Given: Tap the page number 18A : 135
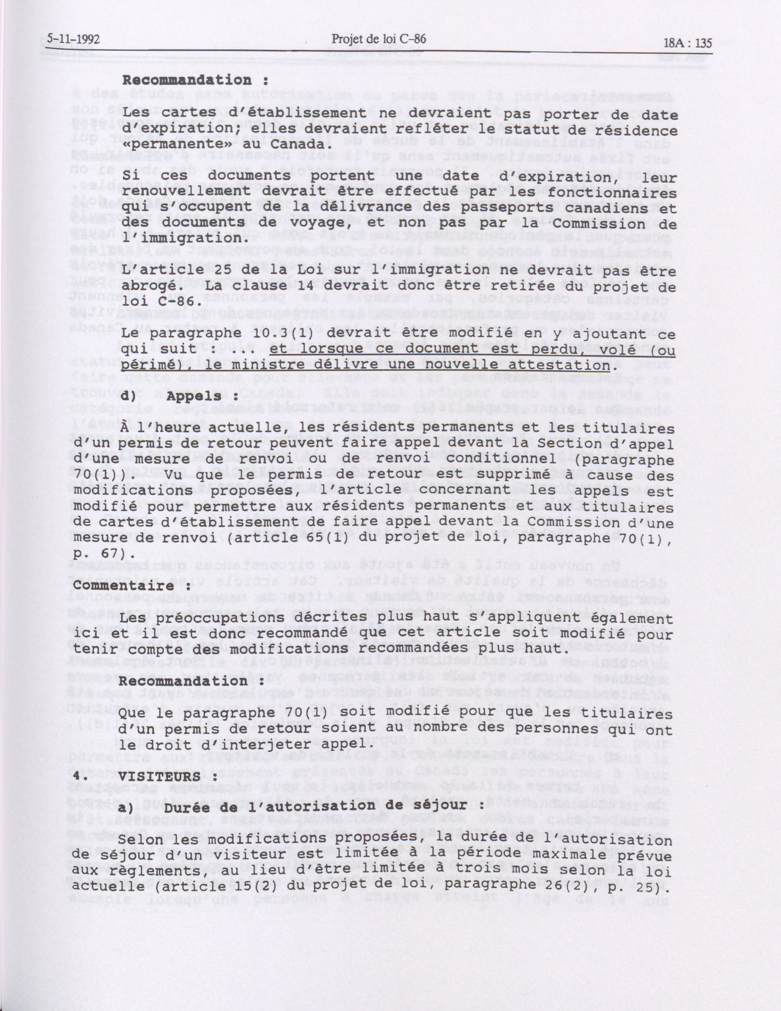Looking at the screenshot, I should [687, 43].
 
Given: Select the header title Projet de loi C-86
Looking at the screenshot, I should [379, 40].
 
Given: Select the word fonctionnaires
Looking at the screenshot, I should [619, 193].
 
